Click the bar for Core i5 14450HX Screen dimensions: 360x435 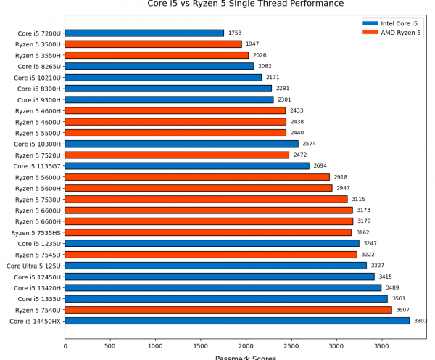[x=237, y=321]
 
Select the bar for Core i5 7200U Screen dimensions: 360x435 [x=144, y=33]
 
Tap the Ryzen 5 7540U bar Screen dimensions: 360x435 [x=228, y=310]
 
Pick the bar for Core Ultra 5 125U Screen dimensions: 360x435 [x=215, y=266]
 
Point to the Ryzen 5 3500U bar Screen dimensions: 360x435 [x=153, y=44]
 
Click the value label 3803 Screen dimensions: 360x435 [x=420, y=321]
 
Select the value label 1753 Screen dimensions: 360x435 [x=235, y=33]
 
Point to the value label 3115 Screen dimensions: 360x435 [x=358, y=200]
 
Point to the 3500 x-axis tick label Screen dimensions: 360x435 [x=381, y=346]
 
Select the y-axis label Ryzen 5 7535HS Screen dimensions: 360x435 [x=36, y=232]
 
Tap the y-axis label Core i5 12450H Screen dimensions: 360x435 [x=37, y=277]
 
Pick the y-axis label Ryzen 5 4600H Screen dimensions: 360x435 [x=38, y=110]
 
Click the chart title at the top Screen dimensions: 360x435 [x=246, y=4]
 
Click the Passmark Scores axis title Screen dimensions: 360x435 [x=246, y=357]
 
